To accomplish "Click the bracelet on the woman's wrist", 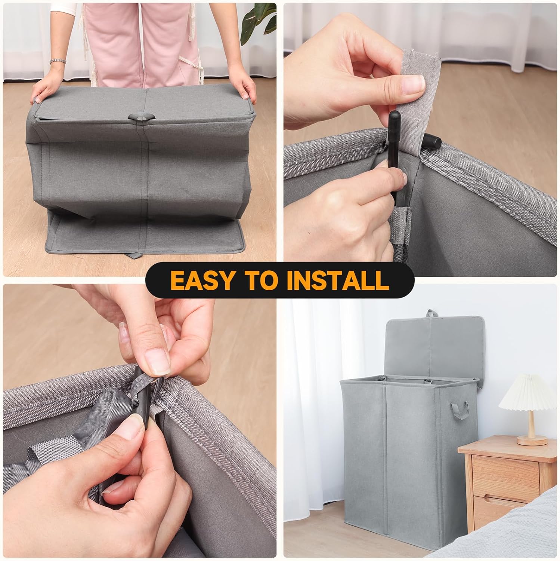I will pyautogui.click(x=58, y=61).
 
